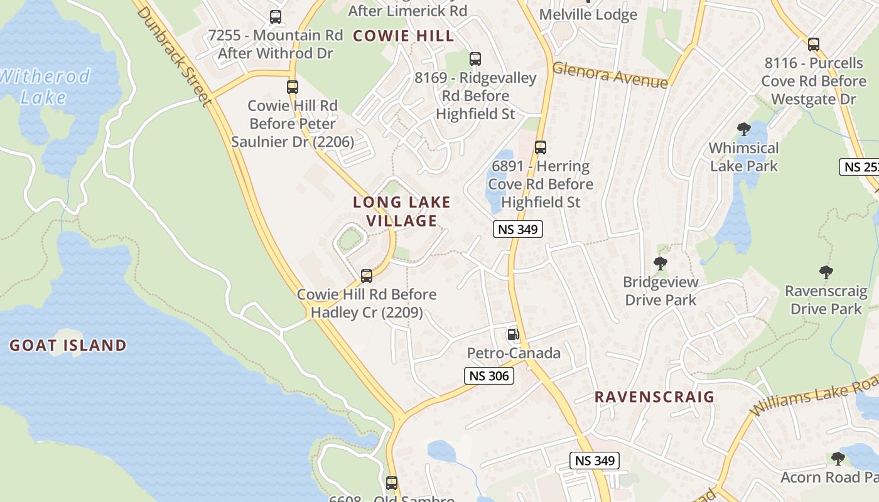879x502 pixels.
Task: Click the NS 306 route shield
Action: (489, 376)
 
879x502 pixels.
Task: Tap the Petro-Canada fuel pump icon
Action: (513, 334)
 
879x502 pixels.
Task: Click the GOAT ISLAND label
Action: (68, 345)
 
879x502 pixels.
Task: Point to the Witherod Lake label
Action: (44, 87)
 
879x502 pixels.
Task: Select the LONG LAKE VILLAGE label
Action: (402, 211)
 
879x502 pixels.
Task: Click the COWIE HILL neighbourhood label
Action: (403, 36)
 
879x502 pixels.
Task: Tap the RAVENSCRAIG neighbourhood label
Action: (654, 397)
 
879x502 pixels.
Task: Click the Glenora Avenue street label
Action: (610, 75)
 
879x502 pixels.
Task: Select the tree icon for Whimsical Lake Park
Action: (743, 130)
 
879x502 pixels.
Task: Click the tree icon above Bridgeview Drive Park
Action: (660, 264)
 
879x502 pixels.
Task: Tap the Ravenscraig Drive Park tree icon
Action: (826, 272)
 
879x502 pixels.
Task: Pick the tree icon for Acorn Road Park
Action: (838, 459)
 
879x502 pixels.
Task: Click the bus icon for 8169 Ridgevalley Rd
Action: (475, 59)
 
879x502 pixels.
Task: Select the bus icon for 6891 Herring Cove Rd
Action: (541, 147)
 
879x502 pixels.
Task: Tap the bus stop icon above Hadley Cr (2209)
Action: (367, 275)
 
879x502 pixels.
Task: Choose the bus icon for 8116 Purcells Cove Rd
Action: (814, 44)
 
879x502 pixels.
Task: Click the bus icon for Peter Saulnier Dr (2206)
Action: (293, 87)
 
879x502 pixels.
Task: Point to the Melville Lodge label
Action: (588, 14)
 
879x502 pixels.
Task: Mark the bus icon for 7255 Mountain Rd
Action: (276, 17)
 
